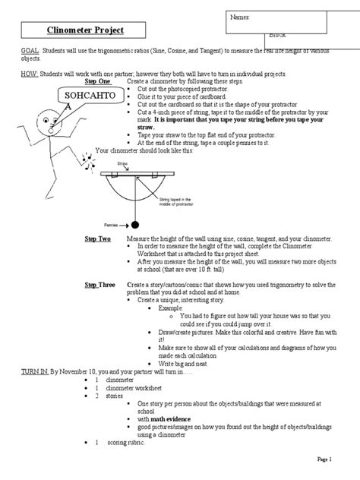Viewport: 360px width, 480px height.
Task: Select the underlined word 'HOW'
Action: [10, 76]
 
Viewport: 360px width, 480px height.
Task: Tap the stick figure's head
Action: [47, 117]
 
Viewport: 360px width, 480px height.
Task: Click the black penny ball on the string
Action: [134, 226]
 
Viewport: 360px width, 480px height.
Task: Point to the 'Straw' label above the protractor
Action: [122, 164]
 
